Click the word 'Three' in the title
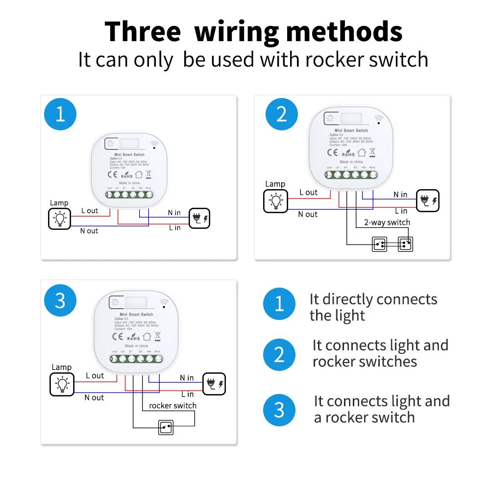point(143,32)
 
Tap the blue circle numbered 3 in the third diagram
point(60,300)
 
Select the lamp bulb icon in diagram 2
point(275,201)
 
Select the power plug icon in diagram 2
point(427,201)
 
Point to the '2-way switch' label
point(387,222)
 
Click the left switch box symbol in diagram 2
point(379,244)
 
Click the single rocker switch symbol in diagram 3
point(166,427)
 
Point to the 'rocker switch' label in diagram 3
point(172,406)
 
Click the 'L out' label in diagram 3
point(95,376)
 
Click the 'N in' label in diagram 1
point(174,213)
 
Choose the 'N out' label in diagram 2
point(308,215)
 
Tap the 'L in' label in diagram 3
point(187,394)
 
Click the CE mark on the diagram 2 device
point(332,152)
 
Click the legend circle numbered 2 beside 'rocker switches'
point(279,354)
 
